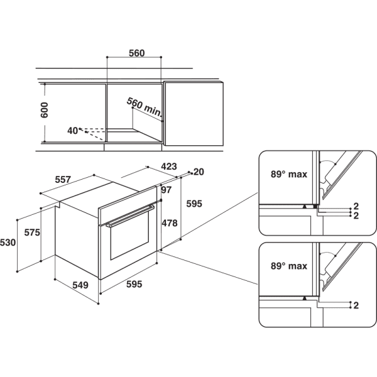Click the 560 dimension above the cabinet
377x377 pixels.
(136, 53)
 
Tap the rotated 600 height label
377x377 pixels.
(45, 110)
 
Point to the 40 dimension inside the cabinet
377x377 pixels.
(72, 131)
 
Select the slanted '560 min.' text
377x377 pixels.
(144, 107)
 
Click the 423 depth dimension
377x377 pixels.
(169, 166)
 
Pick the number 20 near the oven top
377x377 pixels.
(199, 172)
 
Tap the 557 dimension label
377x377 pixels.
(63, 180)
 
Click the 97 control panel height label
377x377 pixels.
(167, 190)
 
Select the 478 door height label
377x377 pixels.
(170, 223)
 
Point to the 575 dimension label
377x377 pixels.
(32, 232)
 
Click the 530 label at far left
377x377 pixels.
(8, 243)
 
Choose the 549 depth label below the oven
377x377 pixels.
(80, 285)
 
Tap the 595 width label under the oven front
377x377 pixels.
(134, 284)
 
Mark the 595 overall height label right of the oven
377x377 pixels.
(194, 204)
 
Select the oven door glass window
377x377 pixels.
(129, 236)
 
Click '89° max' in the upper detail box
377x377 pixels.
(289, 174)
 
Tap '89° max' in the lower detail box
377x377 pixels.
(289, 266)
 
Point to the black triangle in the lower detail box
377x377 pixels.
(305, 298)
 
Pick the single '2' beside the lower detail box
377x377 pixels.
(356, 305)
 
